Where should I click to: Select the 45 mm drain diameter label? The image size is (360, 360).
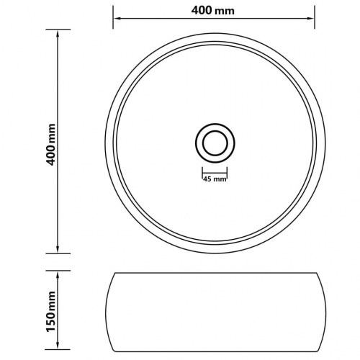pyautogui.click(x=214, y=179)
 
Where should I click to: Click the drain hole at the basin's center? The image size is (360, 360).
pyautogui.click(x=214, y=142)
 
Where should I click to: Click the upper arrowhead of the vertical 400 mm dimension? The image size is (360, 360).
pyautogui.click(x=58, y=33)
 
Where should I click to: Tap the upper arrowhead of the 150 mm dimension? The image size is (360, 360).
pyautogui.click(x=58, y=274)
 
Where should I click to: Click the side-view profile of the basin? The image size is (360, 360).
pyautogui.click(x=214, y=310)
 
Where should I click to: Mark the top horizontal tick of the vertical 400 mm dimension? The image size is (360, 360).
pyautogui.click(x=58, y=30)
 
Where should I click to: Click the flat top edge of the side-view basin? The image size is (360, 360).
pyautogui.click(x=214, y=272)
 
